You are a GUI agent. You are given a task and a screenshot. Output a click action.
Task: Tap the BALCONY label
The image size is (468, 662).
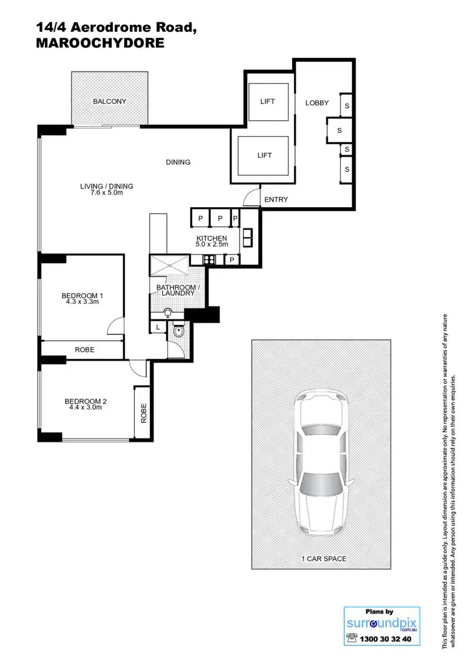pyautogui.click(x=109, y=102)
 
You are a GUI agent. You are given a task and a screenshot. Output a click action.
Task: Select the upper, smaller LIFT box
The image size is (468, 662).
pyautogui.click(x=268, y=102)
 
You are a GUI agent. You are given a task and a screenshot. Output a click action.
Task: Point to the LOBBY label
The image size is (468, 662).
pyautogui.click(x=316, y=103)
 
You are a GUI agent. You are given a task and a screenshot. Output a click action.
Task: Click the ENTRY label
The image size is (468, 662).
pyautogui.click(x=276, y=200)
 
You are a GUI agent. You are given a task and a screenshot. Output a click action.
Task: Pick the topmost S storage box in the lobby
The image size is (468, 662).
pyautogui.click(x=346, y=105)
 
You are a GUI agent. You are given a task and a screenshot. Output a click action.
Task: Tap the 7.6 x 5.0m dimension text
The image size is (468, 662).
pyautogui.click(x=106, y=193)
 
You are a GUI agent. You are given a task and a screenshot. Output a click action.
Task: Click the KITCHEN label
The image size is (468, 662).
pyautogui.click(x=212, y=239)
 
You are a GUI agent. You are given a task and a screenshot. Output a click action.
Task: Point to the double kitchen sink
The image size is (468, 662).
pyautogui.click(x=246, y=236)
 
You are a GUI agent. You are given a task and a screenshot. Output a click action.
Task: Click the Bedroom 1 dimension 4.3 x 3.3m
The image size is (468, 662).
pyautogui.click(x=82, y=302)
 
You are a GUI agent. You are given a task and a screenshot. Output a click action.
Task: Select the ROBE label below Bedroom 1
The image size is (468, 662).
pyautogui.click(x=84, y=350)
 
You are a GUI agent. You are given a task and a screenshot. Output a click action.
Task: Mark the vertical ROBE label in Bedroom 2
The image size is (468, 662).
pyautogui.click(x=143, y=413)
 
